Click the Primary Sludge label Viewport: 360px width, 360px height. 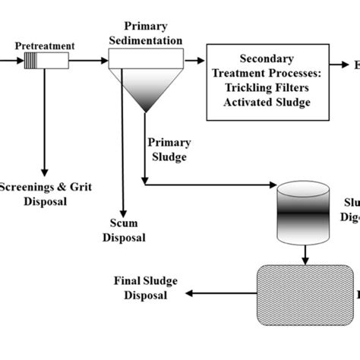pyautogui.click(x=169, y=149)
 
